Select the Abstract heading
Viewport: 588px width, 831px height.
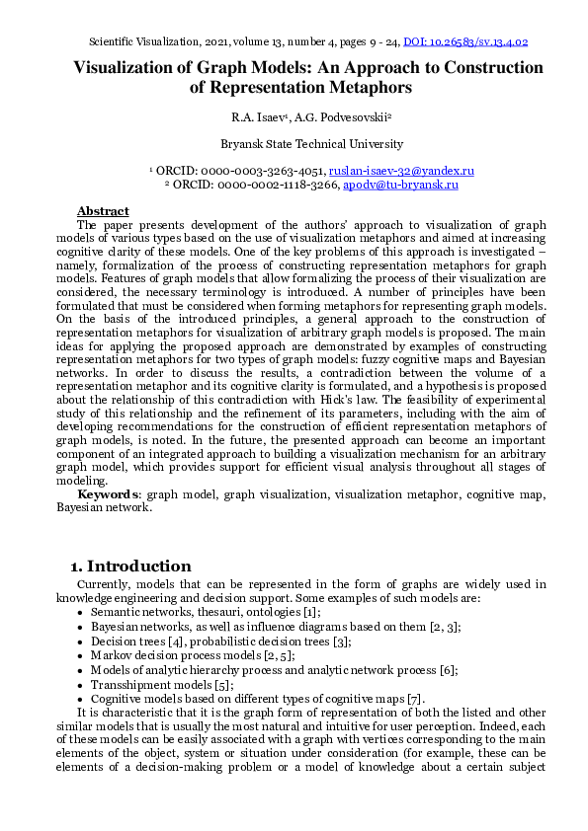(103, 211)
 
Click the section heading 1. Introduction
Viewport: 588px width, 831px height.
(130, 567)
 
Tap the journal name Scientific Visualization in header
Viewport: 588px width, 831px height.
(142, 42)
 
